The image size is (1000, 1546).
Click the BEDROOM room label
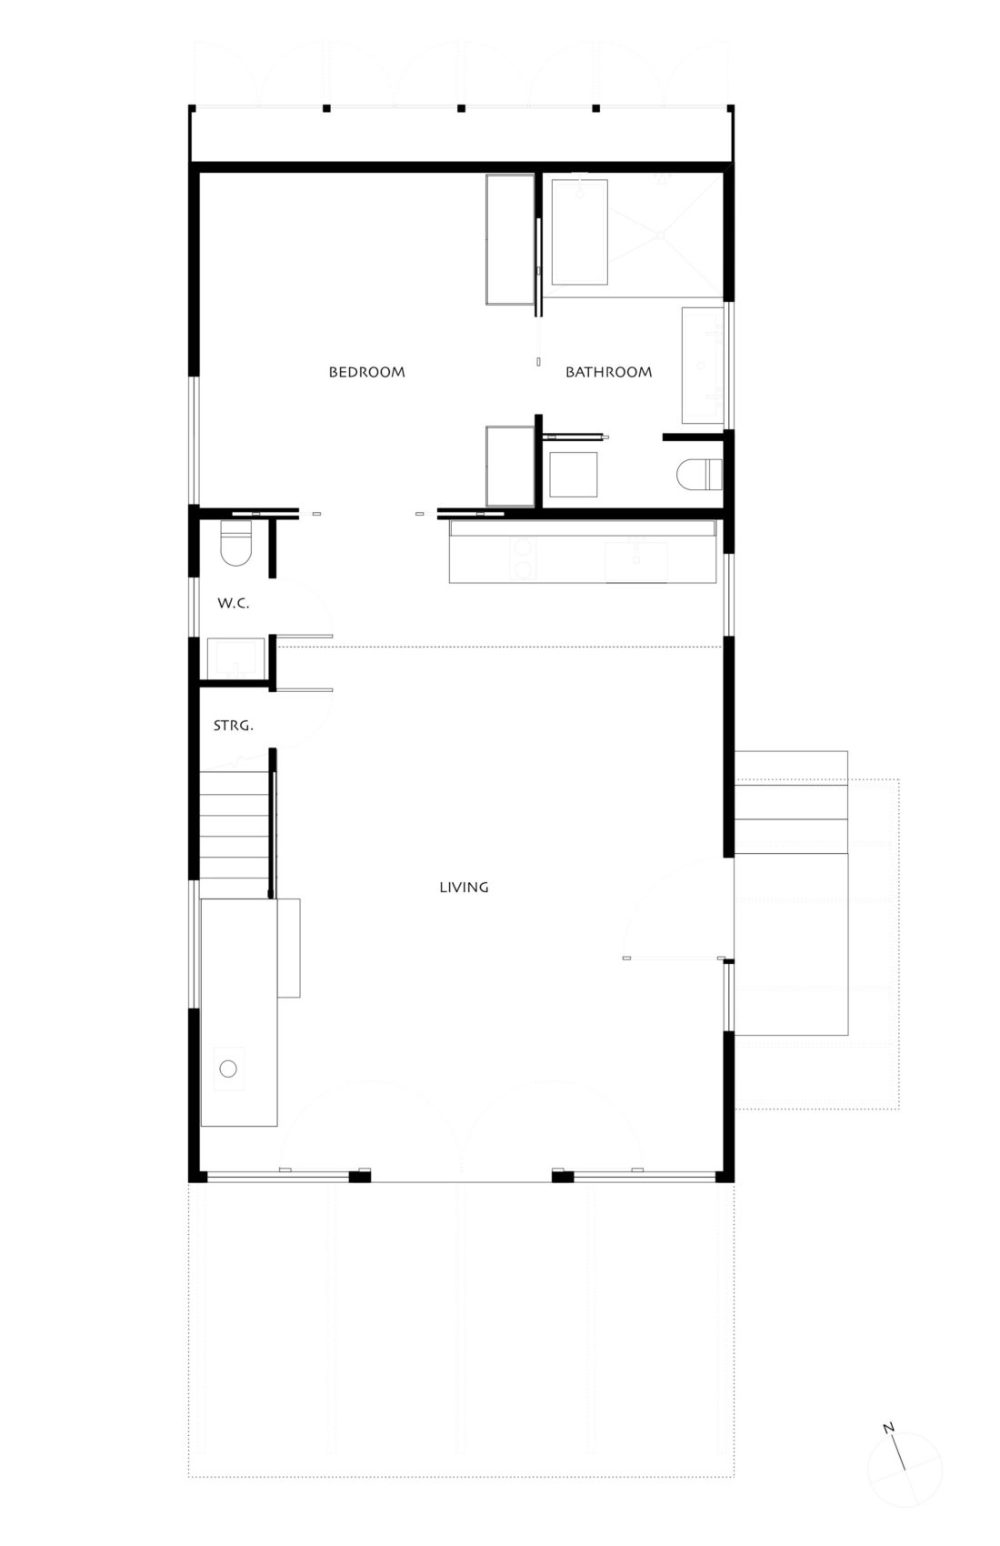(x=366, y=372)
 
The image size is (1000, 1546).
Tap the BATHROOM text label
(x=608, y=372)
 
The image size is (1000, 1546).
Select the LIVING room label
(x=464, y=887)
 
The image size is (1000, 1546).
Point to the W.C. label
(x=233, y=604)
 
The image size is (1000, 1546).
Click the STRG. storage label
(x=233, y=726)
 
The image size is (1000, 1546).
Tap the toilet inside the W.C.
(x=235, y=544)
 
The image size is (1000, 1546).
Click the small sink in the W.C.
(x=235, y=658)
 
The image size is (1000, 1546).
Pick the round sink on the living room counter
(x=228, y=1068)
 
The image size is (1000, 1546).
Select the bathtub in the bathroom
(x=579, y=231)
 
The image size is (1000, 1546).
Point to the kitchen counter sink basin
(x=636, y=560)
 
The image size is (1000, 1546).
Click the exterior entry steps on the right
(x=790, y=800)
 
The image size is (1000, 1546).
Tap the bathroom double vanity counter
(x=703, y=366)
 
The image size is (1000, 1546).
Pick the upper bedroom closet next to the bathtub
(x=510, y=238)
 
